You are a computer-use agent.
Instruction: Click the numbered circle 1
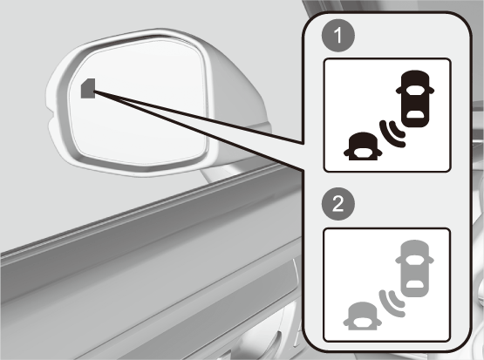click(x=338, y=35)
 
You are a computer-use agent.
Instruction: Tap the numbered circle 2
click(x=338, y=204)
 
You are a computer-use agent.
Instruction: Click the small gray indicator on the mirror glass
click(x=88, y=89)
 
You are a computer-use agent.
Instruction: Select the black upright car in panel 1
click(x=415, y=98)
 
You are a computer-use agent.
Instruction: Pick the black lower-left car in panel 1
click(x=363, y=146)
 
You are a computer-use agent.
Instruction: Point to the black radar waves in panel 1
click(x=392, y=134)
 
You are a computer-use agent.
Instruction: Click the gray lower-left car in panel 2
click(x=363, y=316)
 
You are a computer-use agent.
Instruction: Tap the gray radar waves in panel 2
click(x=392, y=303)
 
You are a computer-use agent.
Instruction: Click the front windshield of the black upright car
click(x=415, y=90)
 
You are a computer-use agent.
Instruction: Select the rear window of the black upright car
click(x=415, y=114)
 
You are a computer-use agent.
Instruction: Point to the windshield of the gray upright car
click(x=414, y=260)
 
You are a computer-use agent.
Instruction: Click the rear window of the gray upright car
click(x=414, y=284)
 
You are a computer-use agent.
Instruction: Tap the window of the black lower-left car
click(x=363, y=152)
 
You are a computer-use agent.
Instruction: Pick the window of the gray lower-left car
click(x=363, y=322)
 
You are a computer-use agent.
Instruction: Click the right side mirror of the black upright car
click(x=431, y=91)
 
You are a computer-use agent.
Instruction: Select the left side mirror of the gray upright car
click(x=399, y=261)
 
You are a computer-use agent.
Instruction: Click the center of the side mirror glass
click(x=138, y=102)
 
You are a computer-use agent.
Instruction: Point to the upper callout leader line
click(x=199, y=117)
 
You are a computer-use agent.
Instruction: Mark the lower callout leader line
click(x=199, y=130)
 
